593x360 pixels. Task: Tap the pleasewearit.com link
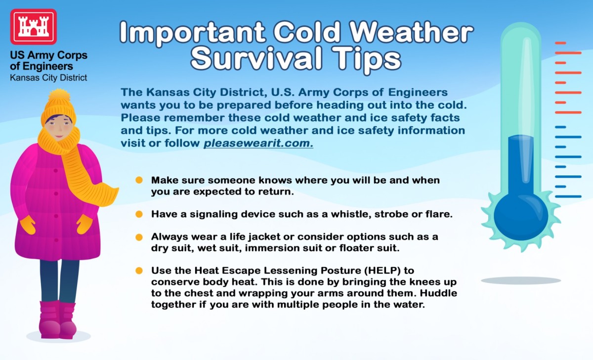pyautogui.click(x=258, y=144)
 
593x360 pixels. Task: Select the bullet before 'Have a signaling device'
pyautogui.click(x=139, y=214)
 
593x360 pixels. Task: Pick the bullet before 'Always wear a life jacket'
pyautogui.click(x=139, y=237)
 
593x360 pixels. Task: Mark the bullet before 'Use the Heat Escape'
pyautogui.click(x=139, y=271)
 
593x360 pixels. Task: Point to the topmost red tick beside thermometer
pyautogui.click(x=560, y=43)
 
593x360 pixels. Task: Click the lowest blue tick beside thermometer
pyautogui.click(x=568, y=197)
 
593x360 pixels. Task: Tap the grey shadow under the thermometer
pyautogui.click(x=521, y=280)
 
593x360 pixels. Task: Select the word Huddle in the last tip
pyautogui.click(x=439, y=293)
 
